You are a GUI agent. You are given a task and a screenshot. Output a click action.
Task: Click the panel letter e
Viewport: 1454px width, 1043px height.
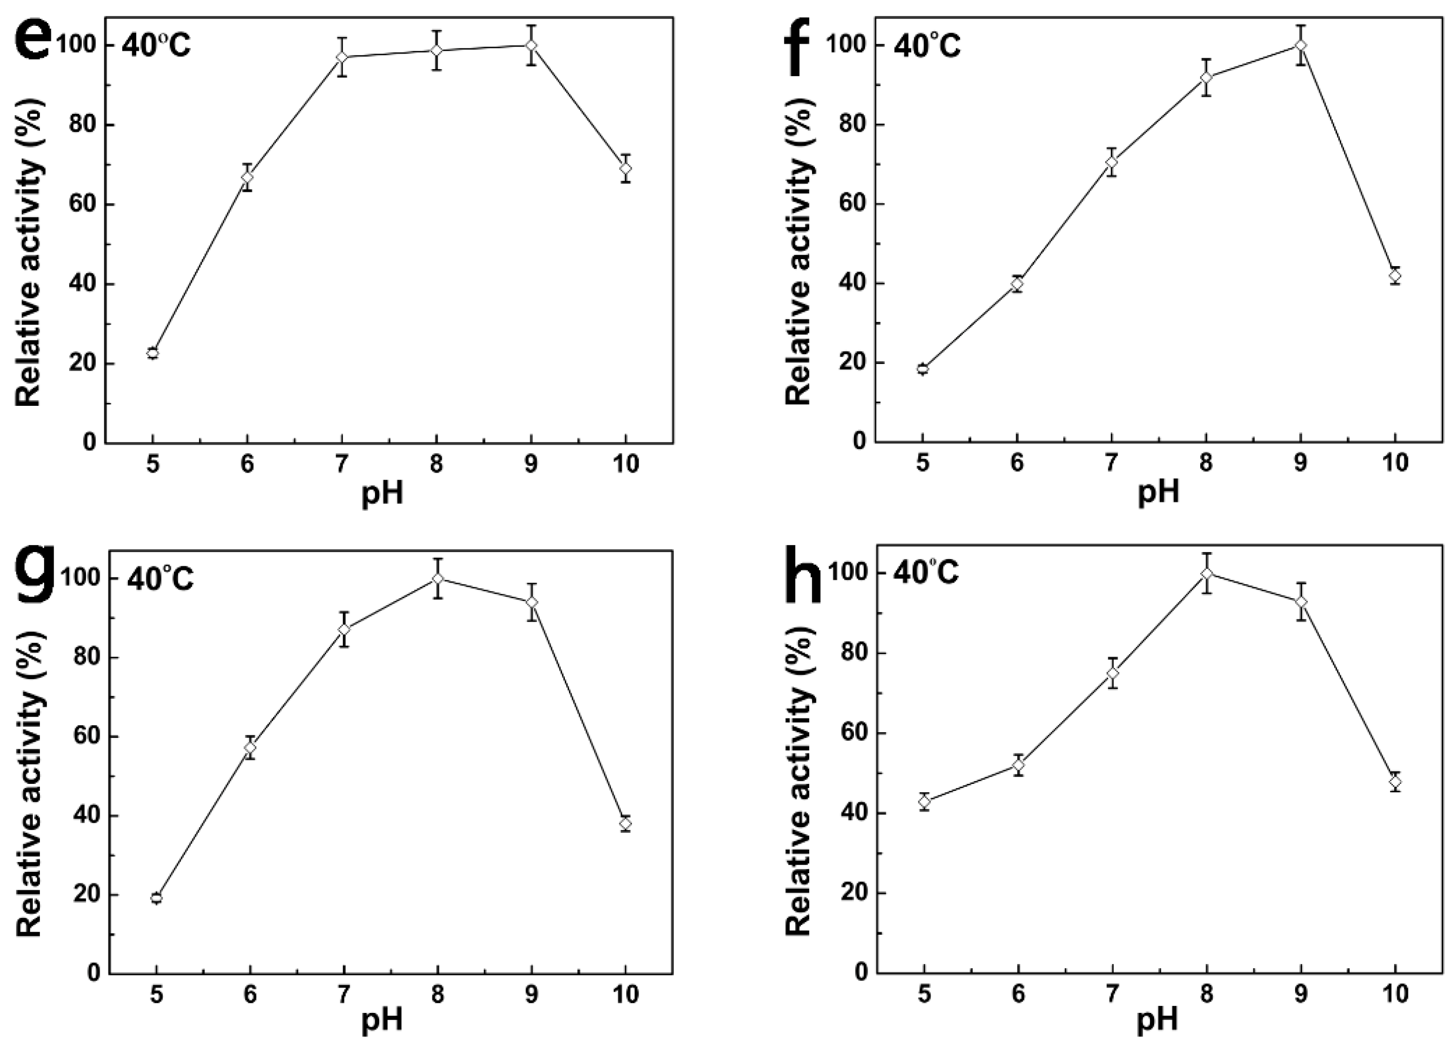[x=31, y=44]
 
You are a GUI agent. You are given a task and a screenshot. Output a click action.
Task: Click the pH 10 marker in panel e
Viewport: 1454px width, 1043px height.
[x=625, y=168]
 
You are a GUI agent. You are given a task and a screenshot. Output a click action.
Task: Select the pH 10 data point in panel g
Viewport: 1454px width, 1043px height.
[x=625, y=823]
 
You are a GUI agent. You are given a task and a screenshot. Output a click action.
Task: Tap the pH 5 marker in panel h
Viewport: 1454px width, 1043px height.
[x=924, y=801]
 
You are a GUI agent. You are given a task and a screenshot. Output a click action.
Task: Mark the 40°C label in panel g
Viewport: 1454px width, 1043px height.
[x=160, y=580]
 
